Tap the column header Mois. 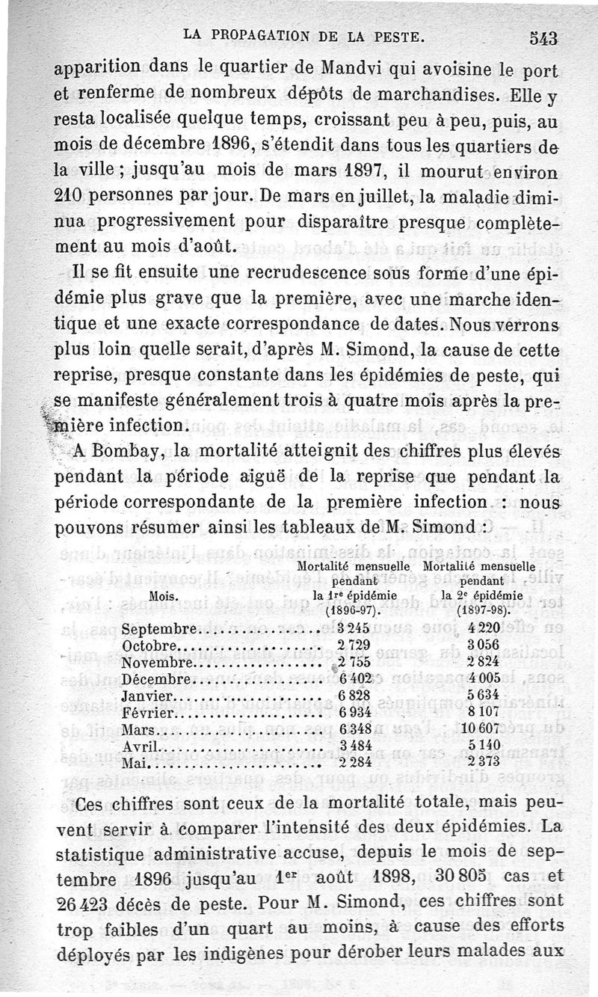(x=164, y=596)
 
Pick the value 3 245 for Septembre (x=354, y=628)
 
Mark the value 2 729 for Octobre (x=354, y=645)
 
